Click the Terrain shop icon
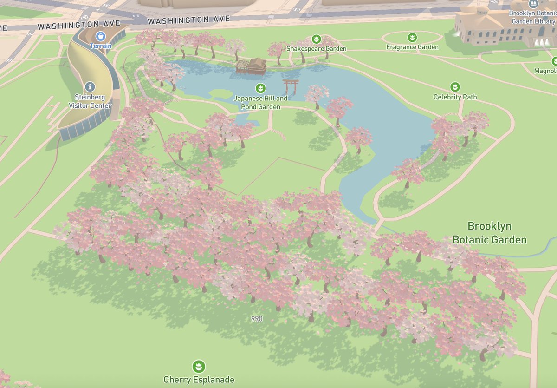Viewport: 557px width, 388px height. pyautogui.click(x=100, y=36)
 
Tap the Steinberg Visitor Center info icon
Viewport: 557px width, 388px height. pyautogui.click(x=90, y=86)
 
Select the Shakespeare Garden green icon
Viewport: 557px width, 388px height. pyautogui.click(x=317, y=39)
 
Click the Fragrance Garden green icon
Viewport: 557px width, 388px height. pyautogui.click(x=412, y=37)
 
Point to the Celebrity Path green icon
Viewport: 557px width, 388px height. pyautogui.click(x=455, y=87)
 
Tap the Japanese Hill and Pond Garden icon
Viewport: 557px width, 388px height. pyautogui.click(x=260, y=88)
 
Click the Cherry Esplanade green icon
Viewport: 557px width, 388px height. pyautogui.click(x=199, y=366)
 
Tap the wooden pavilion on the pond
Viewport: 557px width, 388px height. pyautogui.click(x=252, y=66)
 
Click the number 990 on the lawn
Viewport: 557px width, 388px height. pyautogui.click(x=257, y=319)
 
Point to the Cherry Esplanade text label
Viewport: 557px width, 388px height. pyautogui.click(x=199, y=380)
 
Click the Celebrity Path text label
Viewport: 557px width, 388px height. pyautogui.click(x=455, y=97)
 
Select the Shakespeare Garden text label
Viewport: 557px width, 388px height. pyautogui.click(x=316, y=49)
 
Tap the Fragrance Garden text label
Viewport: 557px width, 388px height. pyautogui.click(x=412, y=47)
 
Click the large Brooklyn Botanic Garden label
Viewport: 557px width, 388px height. pyautogui.click(x=489, y=233)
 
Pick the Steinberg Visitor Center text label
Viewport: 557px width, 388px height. pyautogui.click(x=90, y=101)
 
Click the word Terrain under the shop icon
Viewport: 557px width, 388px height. pyautogui.click(x=101, y=46)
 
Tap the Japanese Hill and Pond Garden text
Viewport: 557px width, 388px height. pyautogui.click(x=260, y=103)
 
